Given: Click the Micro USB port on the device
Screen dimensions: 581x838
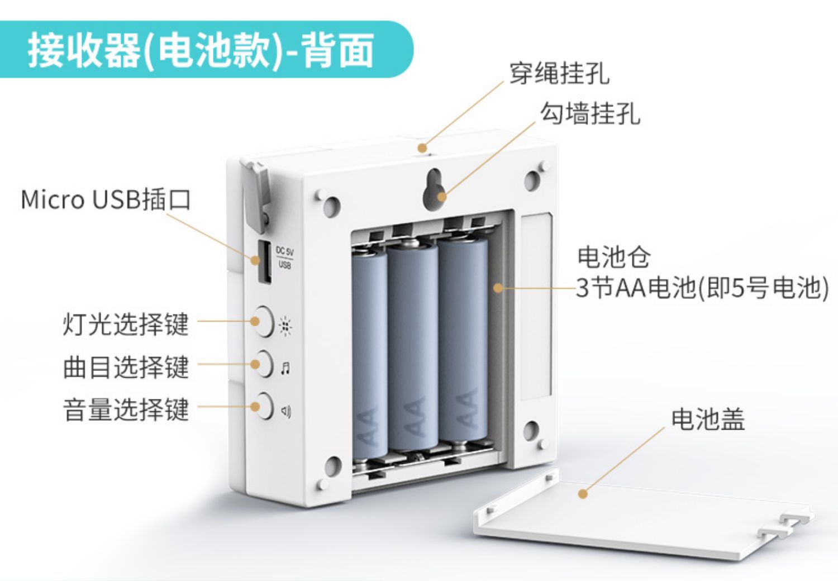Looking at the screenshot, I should click(x=264, y=261).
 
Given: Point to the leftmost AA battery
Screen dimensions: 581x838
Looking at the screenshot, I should click(x=369, y=352).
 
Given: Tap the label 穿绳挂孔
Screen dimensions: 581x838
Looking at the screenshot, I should click(x=559, y=73).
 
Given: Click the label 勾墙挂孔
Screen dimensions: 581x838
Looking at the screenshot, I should click(x=590, y=113).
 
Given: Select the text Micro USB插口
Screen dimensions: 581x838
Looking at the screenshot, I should click(x=106, y=199).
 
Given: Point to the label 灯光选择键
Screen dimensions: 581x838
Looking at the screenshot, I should click(x=126, y=324).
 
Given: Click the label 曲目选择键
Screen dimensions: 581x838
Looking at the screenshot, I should click(x=126, y=367).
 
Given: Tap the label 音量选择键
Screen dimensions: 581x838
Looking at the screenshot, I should click(x=126, y=409).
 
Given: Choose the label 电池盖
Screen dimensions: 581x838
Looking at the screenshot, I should click(x=708, y=419).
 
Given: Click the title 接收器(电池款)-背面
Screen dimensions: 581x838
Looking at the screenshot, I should click(x=201, y=50).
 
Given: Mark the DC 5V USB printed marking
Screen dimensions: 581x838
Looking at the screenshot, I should click(x=284, y=258).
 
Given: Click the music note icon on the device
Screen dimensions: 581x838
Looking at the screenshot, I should click(x=285, y=368).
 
